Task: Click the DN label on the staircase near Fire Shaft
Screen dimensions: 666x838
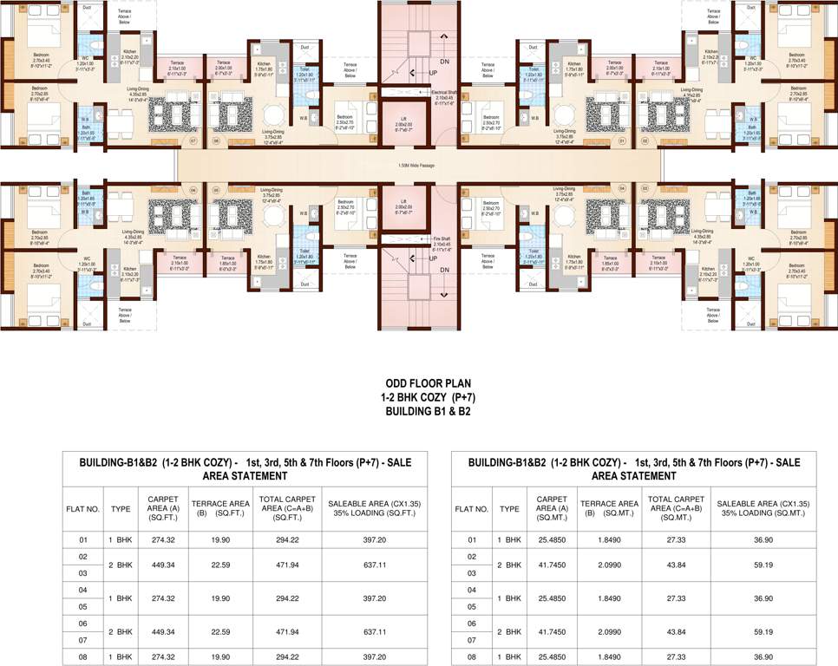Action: point(444,269)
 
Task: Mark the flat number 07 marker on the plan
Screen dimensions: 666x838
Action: point(193,140)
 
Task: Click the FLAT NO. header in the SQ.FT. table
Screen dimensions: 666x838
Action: point(83,509)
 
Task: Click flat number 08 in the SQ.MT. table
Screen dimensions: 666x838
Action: point(473,656)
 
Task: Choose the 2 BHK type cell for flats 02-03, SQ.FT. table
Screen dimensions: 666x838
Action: point(121,565)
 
